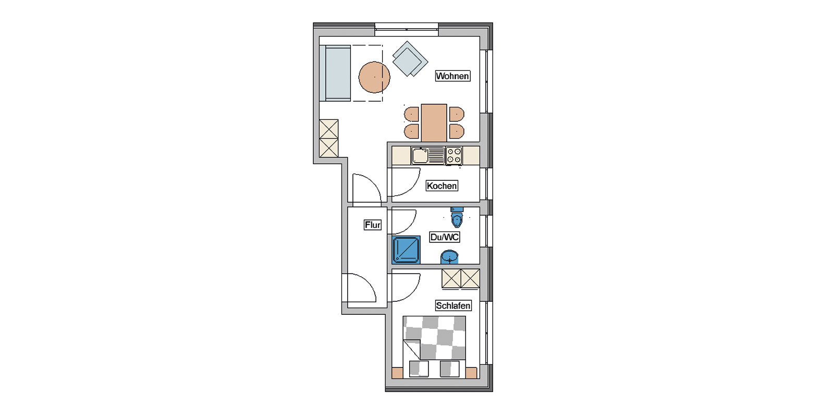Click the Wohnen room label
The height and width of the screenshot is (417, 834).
[453, 76]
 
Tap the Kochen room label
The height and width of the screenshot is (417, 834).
[441, 186]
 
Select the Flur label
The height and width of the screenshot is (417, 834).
[372, 225]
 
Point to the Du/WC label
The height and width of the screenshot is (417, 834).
[445, 237]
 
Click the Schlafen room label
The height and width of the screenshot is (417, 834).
[453, 305]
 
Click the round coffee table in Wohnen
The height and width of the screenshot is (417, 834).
[374, 77]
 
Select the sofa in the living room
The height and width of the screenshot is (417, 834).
[335, 73]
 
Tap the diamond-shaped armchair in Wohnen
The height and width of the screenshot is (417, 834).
[410, 59]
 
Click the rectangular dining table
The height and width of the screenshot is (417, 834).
[434, 122]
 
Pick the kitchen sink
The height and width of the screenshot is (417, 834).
[428, 156]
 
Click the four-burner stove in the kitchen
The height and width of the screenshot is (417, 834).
[454, 156]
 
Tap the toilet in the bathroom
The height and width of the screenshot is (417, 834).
[457, 217]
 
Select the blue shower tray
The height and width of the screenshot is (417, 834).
[406, 250]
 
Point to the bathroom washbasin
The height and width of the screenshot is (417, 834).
[449, 257]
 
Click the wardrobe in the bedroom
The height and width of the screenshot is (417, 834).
[461, 278]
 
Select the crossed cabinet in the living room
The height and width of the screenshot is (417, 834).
[329, 138]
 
